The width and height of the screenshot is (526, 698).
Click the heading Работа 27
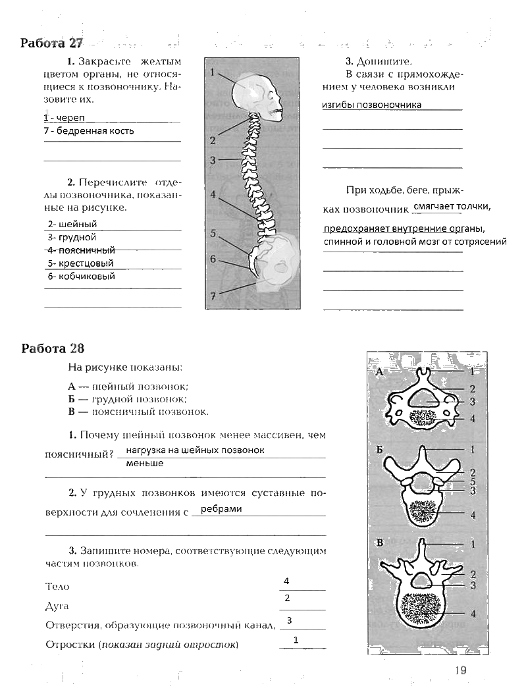pos(52,43)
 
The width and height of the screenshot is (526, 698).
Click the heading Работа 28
pos(52,348)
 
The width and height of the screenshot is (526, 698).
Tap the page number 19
pos(460,670)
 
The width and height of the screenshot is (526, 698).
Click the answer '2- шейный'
pos(73,224)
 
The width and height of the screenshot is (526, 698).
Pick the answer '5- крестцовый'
pos(81,263)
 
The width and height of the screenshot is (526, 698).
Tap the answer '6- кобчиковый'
pos(82,276)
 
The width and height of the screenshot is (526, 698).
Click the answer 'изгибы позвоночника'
pos(372,105)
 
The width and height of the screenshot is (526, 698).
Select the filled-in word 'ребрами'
pos(221,508)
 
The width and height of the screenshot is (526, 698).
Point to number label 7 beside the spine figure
pos(213,296)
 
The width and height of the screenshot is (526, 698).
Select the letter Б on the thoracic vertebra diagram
pos(380,450)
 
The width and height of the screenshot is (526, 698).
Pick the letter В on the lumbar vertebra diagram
pos(380,543)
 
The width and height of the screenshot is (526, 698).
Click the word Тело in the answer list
pos(57,586)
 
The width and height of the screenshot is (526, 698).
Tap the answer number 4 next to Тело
pos(287,581)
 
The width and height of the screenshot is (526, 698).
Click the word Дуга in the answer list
pos(57,605)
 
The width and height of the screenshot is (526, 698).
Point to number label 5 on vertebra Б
pos(473,481)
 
